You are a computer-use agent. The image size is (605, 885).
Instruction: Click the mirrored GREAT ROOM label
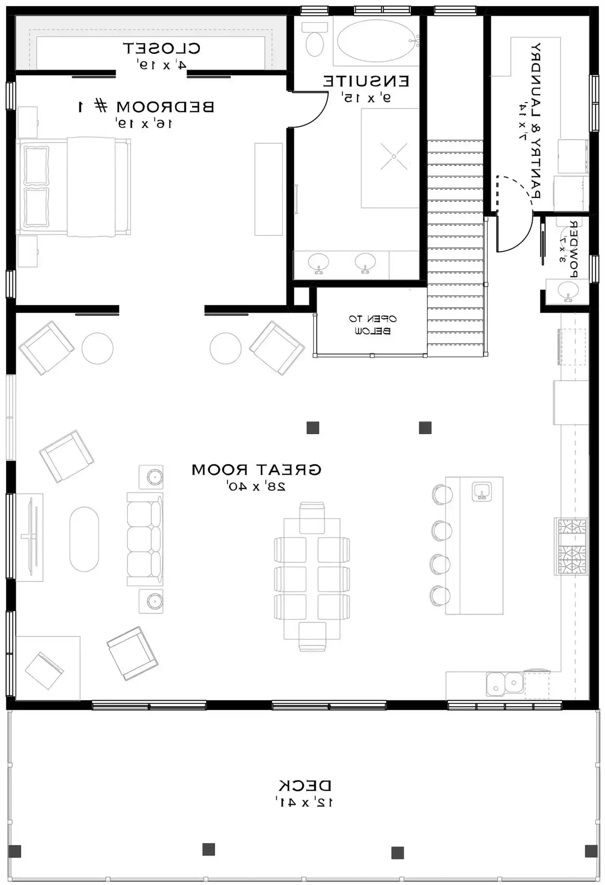click(x=256, y=469)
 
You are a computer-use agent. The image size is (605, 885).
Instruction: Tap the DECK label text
click(x=304, y=786)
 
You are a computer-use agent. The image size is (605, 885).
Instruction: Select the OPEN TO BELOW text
click(x=372, y=324)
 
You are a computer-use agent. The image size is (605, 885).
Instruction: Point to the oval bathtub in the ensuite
click(x=377, y=40)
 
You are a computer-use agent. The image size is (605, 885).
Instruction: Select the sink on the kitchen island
click(x=482, y=491)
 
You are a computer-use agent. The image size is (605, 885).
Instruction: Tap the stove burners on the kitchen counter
click(x=571, y=546)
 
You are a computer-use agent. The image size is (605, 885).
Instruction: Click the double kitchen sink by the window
click(x=505, y=684)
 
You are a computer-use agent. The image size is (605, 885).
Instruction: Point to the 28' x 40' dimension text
click(x=256, y=486)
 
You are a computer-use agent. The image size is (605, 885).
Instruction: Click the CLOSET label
click(x=162, y=48)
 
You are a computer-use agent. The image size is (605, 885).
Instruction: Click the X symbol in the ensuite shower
click(x=393, y=157)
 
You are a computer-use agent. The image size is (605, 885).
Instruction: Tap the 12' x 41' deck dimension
click(x=304, y=802)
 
